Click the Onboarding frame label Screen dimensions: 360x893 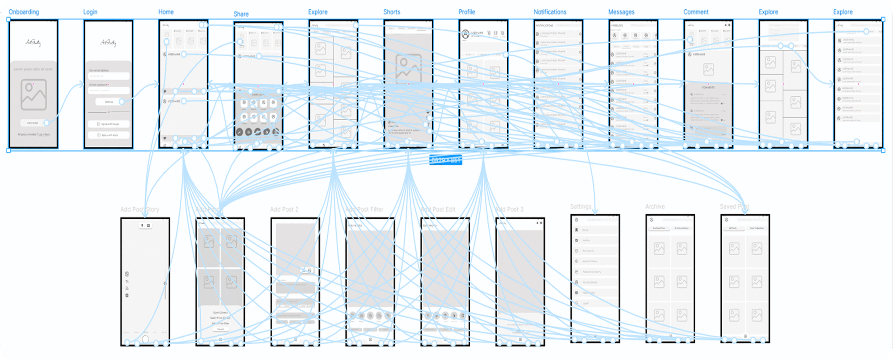(24, 12)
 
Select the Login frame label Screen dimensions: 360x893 (90, 12)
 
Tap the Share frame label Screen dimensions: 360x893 (241, 14)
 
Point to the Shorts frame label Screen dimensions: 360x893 (391, 12)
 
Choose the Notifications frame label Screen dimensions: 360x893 (550, 12)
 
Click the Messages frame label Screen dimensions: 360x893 (621, 12)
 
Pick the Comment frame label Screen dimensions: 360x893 (696, 12)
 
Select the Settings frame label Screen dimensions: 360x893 (580, 207)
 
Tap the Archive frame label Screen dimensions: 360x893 (655, 207)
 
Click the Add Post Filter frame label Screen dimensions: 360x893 (364, 209)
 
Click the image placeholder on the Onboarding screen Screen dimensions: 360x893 (33, 95)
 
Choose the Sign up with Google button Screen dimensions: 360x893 (108, 124)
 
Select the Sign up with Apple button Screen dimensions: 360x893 (108, 135)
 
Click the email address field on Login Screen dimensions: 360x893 (108, 76)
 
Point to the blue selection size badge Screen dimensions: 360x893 (445, 160)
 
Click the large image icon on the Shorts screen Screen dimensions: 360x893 (408, 68)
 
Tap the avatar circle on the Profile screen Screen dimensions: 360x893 (465, 34)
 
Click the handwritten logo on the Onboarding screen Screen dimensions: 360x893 (33, 43)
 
